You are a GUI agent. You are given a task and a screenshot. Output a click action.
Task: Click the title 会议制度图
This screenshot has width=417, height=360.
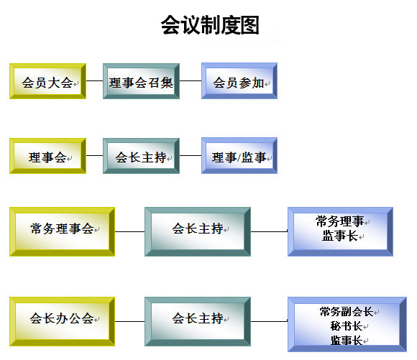210,25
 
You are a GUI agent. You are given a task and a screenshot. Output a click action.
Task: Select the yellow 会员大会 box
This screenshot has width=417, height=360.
47,81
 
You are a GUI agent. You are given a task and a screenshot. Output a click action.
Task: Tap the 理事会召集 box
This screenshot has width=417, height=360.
141,81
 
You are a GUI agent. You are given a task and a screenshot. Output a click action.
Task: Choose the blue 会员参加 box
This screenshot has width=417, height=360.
239,80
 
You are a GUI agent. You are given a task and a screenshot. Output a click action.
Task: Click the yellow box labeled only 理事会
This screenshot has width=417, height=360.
47,156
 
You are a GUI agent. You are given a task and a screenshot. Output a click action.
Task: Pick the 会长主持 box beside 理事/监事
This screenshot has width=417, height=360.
141,156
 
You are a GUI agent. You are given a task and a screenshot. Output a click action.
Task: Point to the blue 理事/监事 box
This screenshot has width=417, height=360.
239,155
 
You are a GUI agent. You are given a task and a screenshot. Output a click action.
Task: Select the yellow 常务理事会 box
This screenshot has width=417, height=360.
63,231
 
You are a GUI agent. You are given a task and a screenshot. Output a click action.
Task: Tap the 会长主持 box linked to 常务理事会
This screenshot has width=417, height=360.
198,231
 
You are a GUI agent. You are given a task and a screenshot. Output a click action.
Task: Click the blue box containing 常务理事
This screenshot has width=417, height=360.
340,231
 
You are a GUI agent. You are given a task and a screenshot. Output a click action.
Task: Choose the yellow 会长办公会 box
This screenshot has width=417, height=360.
63,321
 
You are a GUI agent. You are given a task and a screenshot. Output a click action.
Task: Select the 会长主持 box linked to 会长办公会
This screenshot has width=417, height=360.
198,321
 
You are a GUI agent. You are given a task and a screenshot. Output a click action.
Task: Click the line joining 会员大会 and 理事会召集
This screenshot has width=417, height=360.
94,80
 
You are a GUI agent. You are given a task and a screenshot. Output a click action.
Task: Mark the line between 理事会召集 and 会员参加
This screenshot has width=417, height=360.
191,80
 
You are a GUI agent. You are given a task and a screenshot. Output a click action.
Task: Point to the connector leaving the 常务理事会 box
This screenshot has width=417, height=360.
130,231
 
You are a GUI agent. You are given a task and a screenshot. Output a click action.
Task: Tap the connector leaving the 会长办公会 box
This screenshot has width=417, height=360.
130,321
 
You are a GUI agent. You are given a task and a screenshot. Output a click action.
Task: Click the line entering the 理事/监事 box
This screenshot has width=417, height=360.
191,155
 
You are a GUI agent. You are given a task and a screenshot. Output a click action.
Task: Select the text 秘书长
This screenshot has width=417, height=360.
347,326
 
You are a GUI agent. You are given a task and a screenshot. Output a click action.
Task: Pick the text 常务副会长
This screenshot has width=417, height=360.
347,312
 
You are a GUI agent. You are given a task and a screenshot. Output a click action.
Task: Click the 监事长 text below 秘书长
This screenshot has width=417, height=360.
347,341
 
